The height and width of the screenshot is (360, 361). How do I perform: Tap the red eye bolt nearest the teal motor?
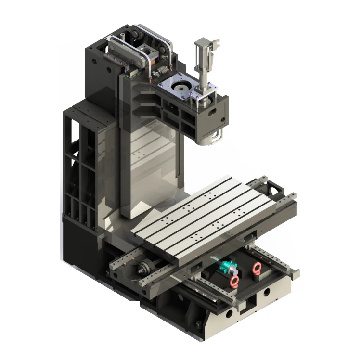(235, 280)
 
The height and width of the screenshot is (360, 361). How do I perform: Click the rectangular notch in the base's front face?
(250, 304)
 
